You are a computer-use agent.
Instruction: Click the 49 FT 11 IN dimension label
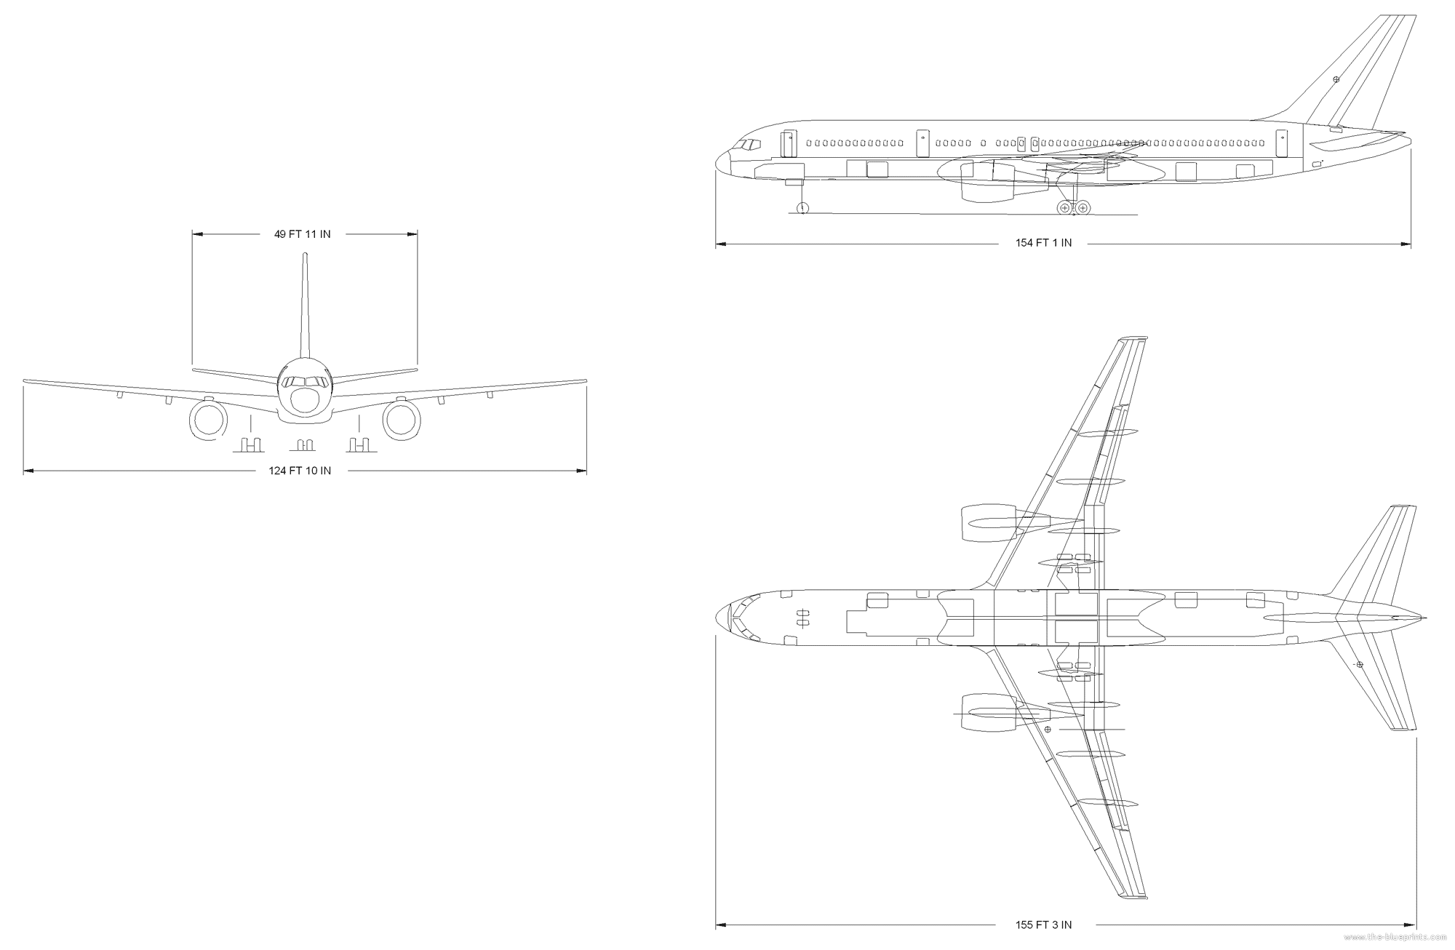point(302,234)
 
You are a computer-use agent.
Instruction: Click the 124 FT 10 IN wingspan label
point(300,471)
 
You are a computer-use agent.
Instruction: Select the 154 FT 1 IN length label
point(1043,243)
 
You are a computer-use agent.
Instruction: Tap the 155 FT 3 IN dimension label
point(1043,925)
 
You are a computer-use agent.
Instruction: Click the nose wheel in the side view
point(802,209)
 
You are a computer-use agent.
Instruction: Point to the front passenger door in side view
point(787,144)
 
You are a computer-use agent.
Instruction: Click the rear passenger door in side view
point(1282,143)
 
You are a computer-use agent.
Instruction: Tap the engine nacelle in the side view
point(987,182)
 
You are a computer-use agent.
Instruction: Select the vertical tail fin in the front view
point(305,306)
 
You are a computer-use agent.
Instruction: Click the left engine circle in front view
point(208,420)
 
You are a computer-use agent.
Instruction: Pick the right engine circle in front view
point(402,420)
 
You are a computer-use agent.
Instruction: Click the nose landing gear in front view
point(306,444)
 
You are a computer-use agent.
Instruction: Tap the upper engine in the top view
point(989,523)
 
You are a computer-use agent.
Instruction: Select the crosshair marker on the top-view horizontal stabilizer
point(1359,665)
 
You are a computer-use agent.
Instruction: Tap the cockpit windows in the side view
point(746,145)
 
